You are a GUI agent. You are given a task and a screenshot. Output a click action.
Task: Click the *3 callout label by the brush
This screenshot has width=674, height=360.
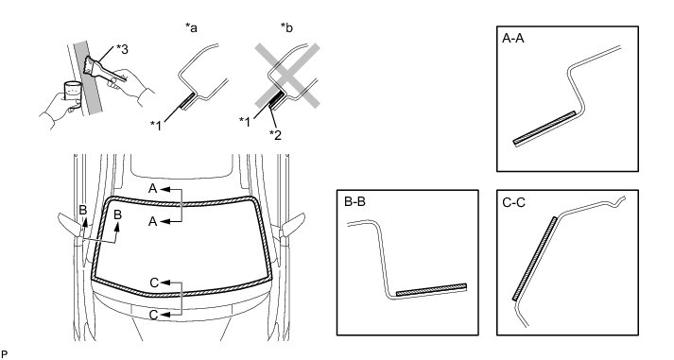pos(122,49)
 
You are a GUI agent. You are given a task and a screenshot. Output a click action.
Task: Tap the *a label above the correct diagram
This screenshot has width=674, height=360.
pos(191,28)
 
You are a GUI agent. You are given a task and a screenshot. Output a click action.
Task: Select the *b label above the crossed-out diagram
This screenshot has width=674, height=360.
pos(286,28)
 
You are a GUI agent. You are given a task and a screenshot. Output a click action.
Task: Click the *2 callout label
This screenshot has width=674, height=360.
pos(275,134)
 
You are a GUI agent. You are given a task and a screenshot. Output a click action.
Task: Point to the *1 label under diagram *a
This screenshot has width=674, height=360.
pos(156,126)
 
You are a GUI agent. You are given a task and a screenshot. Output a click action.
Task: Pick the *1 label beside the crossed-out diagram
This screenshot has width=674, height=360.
pos(245,122)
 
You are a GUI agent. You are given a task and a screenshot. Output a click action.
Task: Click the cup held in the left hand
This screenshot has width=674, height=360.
pos(73,92)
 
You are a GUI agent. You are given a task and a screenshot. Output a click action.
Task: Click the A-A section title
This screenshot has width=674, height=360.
pos(513,39)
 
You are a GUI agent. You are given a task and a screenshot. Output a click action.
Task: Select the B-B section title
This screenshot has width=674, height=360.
pos(355,201)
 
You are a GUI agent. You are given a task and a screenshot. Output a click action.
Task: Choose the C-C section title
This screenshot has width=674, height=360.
pos(513,202)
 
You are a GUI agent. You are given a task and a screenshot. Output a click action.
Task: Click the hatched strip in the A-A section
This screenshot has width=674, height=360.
pos(544,128)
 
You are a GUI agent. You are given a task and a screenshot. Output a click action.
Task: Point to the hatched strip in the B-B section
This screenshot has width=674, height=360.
pos(431,289)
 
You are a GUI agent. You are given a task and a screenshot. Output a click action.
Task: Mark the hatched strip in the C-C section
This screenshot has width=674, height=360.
pos(534,259)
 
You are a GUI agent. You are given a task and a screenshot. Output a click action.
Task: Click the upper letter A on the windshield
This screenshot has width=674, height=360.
pos(152,189)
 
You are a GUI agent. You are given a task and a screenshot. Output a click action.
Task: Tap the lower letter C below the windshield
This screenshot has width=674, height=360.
pos(154,315)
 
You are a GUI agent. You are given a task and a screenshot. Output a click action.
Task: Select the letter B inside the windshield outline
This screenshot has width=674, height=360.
pos(117,214)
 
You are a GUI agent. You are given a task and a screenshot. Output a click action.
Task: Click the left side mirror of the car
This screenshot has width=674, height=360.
pos(70,223)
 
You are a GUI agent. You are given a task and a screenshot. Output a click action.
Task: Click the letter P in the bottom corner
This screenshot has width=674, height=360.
pos(5,354)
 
